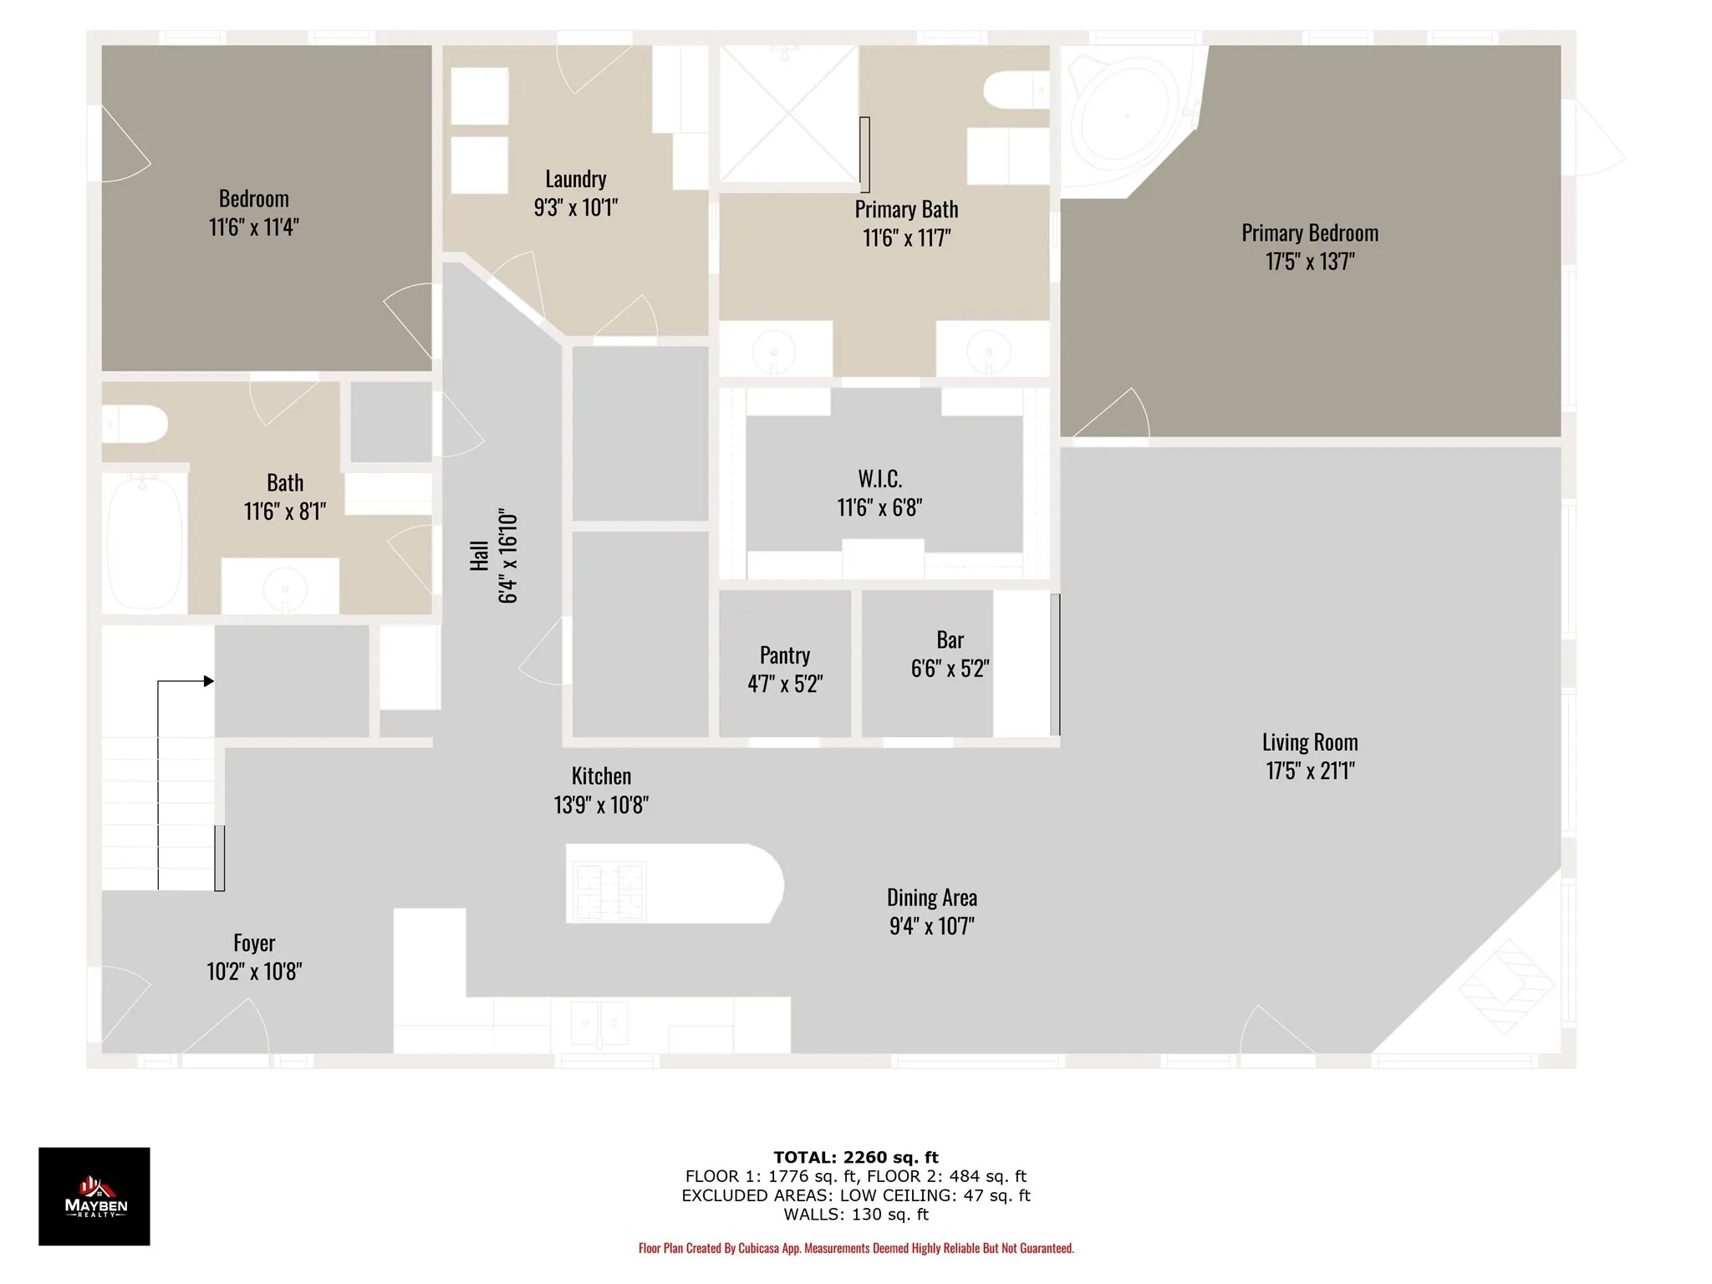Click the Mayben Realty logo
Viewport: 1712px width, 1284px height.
point(94,1196)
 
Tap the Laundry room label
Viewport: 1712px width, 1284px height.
point(576,179)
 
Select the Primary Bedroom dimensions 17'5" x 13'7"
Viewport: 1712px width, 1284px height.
point(1310,262)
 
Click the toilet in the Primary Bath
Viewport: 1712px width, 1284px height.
point(1016,90)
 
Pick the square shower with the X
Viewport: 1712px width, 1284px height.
point(789,114)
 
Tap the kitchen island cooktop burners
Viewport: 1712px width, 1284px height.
point(610,890)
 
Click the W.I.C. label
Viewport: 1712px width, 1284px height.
point(880,479)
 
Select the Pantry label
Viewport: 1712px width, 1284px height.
point(785,655)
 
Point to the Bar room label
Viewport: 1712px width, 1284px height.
point(950,639)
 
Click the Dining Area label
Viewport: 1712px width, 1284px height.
point(932,898)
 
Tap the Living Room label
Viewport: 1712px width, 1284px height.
point(1310,742)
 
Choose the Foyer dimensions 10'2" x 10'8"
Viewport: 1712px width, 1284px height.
point(254,971)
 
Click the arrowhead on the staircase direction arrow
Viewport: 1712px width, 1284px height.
point(209,681)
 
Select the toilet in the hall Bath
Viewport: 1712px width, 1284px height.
point(135,425)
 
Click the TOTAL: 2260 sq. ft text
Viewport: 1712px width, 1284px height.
point(856,1158)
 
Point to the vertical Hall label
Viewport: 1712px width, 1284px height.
point(479,556)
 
